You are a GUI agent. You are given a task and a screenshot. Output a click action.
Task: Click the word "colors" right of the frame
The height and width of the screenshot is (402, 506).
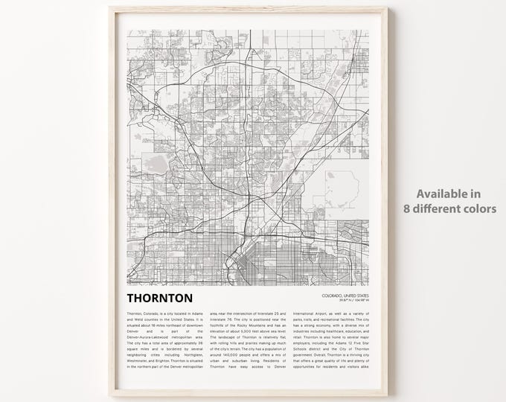480,209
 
